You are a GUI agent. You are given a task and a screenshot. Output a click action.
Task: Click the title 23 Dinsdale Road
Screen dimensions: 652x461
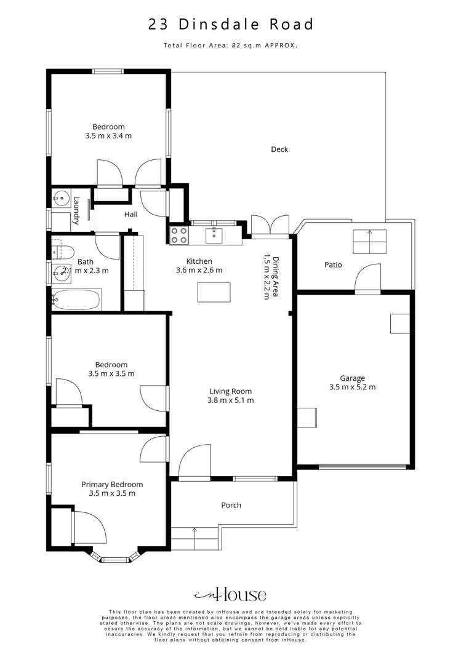[x=230, y=25]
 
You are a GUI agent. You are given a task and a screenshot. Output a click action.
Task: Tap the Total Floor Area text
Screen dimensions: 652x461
[x=230, y=46]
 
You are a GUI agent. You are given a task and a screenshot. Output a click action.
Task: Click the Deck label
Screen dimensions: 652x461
[x=279, y=149]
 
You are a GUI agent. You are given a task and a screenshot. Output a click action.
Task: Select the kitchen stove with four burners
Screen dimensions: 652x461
[x=178, y=235]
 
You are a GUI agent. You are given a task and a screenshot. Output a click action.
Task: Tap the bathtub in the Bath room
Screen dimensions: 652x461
[x=76, y=300]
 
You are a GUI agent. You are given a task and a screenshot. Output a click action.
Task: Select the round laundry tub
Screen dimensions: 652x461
[x=60, y=197]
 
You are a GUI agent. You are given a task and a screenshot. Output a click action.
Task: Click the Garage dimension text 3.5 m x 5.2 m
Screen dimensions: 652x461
[x=353, y=388]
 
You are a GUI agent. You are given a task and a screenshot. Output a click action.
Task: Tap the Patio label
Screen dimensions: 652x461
[x=333, y=265]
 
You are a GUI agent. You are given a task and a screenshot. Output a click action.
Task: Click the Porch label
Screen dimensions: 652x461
[x=231, y=505]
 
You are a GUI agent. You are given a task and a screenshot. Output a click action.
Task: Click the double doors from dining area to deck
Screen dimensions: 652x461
[x=270, y=225]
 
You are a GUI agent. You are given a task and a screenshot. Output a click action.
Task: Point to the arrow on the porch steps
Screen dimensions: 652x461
[x=194, y=529]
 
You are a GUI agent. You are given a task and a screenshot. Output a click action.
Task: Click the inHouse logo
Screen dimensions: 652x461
[x=230, y=595]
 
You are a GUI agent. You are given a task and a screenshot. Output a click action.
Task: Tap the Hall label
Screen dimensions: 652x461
[x=130, y=215]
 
